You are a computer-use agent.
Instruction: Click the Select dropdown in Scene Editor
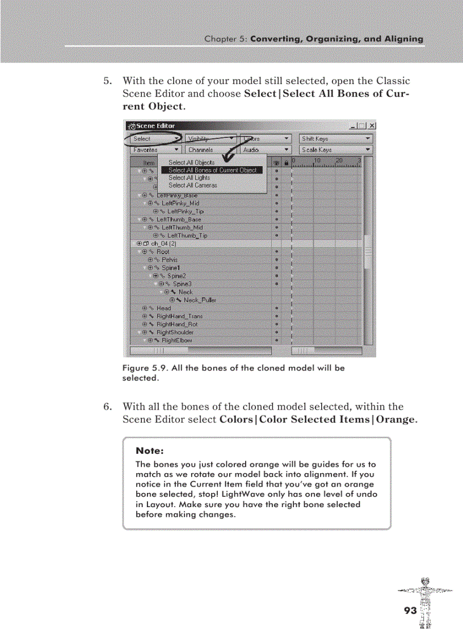(154, 138)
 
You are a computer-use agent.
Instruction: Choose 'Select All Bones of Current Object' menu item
(212, 170)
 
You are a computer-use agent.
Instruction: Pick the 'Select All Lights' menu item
(189, 178)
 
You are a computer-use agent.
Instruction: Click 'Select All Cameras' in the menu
(192, 185)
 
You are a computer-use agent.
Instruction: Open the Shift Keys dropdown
(336, 138)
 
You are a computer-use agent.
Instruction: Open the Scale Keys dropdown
(336, 150)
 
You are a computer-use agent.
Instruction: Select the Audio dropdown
(266, 150)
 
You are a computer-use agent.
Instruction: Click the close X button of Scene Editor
(372, 126)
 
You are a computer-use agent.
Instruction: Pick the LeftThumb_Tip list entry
(187, 235)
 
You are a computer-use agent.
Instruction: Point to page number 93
(410, 610)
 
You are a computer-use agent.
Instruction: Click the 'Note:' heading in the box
(150, 451)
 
